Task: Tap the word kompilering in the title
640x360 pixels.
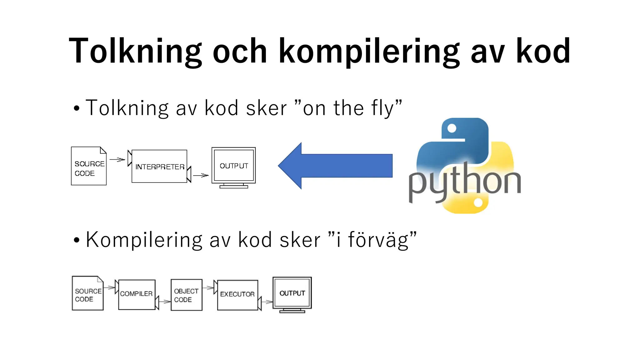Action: [369, 52]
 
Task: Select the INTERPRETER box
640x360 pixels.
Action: [159, 167]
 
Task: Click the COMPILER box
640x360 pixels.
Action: [137, 294]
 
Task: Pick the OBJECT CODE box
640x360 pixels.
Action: [186, 295]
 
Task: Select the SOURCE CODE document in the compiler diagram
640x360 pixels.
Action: [87, 294]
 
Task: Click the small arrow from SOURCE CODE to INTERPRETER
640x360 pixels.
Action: [117, 160]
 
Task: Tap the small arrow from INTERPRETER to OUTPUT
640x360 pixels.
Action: [201, 175]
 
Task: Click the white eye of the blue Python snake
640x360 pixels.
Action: [452, 128]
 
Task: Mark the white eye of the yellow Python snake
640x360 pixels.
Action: [478, 203]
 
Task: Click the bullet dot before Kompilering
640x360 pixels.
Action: [77, 241]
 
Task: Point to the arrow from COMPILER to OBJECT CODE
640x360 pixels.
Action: [164, 302]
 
